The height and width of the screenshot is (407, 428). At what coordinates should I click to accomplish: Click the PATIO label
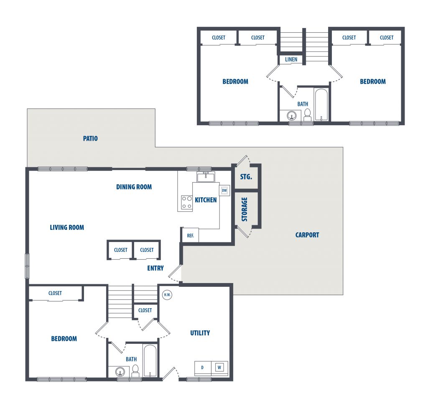point(90,139)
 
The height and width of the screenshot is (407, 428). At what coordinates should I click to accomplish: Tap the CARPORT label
point(307,235)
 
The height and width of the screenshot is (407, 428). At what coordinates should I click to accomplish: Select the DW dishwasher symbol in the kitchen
point(224,190)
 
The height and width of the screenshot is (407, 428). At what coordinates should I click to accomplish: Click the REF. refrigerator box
point(191,235)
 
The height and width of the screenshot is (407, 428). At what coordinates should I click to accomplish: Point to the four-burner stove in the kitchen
point(187,202)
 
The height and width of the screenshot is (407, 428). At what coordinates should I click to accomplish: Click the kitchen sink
point(206,177)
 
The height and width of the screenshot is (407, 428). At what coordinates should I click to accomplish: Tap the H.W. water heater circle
point(167,295)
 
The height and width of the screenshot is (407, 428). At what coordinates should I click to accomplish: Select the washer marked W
point(219,367)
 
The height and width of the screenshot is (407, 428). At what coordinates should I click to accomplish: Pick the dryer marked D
point(203,367)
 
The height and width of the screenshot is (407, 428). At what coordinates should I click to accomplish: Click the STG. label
point(246,177)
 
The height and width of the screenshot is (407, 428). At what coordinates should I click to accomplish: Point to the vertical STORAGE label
point(244,209)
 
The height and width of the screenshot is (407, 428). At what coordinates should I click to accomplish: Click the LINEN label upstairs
point(291,59)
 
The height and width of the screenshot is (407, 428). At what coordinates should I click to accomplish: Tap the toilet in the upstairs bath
point(307,115)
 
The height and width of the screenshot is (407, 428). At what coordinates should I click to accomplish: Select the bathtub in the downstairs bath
point(150,361)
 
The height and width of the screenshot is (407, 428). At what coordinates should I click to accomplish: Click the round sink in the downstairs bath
point(120,372)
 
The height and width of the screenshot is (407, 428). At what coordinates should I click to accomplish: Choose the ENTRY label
point(155,268)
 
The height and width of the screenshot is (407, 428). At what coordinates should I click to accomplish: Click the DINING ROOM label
point(134,187)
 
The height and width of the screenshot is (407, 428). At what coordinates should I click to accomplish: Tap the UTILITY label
point(200,333)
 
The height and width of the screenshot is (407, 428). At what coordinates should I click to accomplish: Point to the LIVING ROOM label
point(67,227)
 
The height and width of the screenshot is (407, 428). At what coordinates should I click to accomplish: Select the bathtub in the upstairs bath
point(321,105)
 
